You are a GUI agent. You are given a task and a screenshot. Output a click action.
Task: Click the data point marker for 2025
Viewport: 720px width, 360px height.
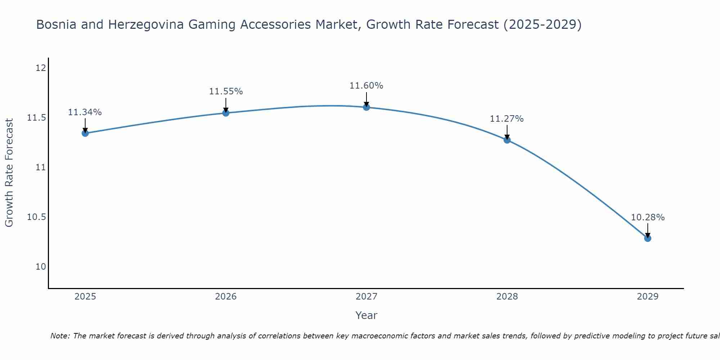pyautogui.click(x=85, y=133)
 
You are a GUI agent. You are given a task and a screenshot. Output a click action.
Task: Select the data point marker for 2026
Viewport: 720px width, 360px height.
pyautogui.click(x=226, y=113)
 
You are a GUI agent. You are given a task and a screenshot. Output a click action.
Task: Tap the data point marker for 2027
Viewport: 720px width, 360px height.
pyautogui.click(x=366, y=107)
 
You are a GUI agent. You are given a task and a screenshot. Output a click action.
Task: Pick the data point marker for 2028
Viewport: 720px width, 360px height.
pyautogui.click(x=507, y=140)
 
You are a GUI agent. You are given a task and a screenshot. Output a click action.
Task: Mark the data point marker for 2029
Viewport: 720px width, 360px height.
pyautogui.click(x=648, y=238)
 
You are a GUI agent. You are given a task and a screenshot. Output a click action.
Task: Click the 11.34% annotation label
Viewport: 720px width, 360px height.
pyautogui.click(x=85, y=112)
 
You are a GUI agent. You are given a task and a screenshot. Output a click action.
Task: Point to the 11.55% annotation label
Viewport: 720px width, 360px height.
pyautogui.click(x=226, y=91)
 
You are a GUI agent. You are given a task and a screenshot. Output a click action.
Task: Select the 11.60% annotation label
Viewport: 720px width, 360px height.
pyautogui.click(x=366, y=86)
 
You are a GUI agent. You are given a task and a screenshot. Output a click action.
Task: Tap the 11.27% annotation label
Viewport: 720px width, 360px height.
pyautogui.click(x=507, y=119)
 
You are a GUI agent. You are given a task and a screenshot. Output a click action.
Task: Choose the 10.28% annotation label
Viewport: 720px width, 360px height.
pyautogui.click(x=648, y=217)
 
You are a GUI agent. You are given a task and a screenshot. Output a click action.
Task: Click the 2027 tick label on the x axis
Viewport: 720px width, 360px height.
pyautogui.click(x=366, y=297)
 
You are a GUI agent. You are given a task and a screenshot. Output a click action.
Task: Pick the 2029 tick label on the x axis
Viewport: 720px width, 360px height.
pyautogui.click(x=648, y=297)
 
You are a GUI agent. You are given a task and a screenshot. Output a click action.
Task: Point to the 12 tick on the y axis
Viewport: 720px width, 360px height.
pyautogui.click(x=41, y=68)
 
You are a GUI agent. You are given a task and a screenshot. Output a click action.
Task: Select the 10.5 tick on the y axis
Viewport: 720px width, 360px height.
pyautogui.click(x=37, y=217)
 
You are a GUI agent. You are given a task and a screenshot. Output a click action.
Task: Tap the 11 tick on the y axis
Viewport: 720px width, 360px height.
pyautogui.click(x=41, y=167)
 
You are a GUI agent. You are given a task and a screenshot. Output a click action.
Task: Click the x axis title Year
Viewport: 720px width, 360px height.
pyautogui.click(x=366, y=315)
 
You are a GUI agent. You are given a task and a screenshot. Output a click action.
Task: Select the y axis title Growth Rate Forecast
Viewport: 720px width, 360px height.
pyautogui.click(x=9, y=172)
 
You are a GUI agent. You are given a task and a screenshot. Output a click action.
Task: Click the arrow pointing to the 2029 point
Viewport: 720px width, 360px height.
pyautogui.click(x=648, y=230)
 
